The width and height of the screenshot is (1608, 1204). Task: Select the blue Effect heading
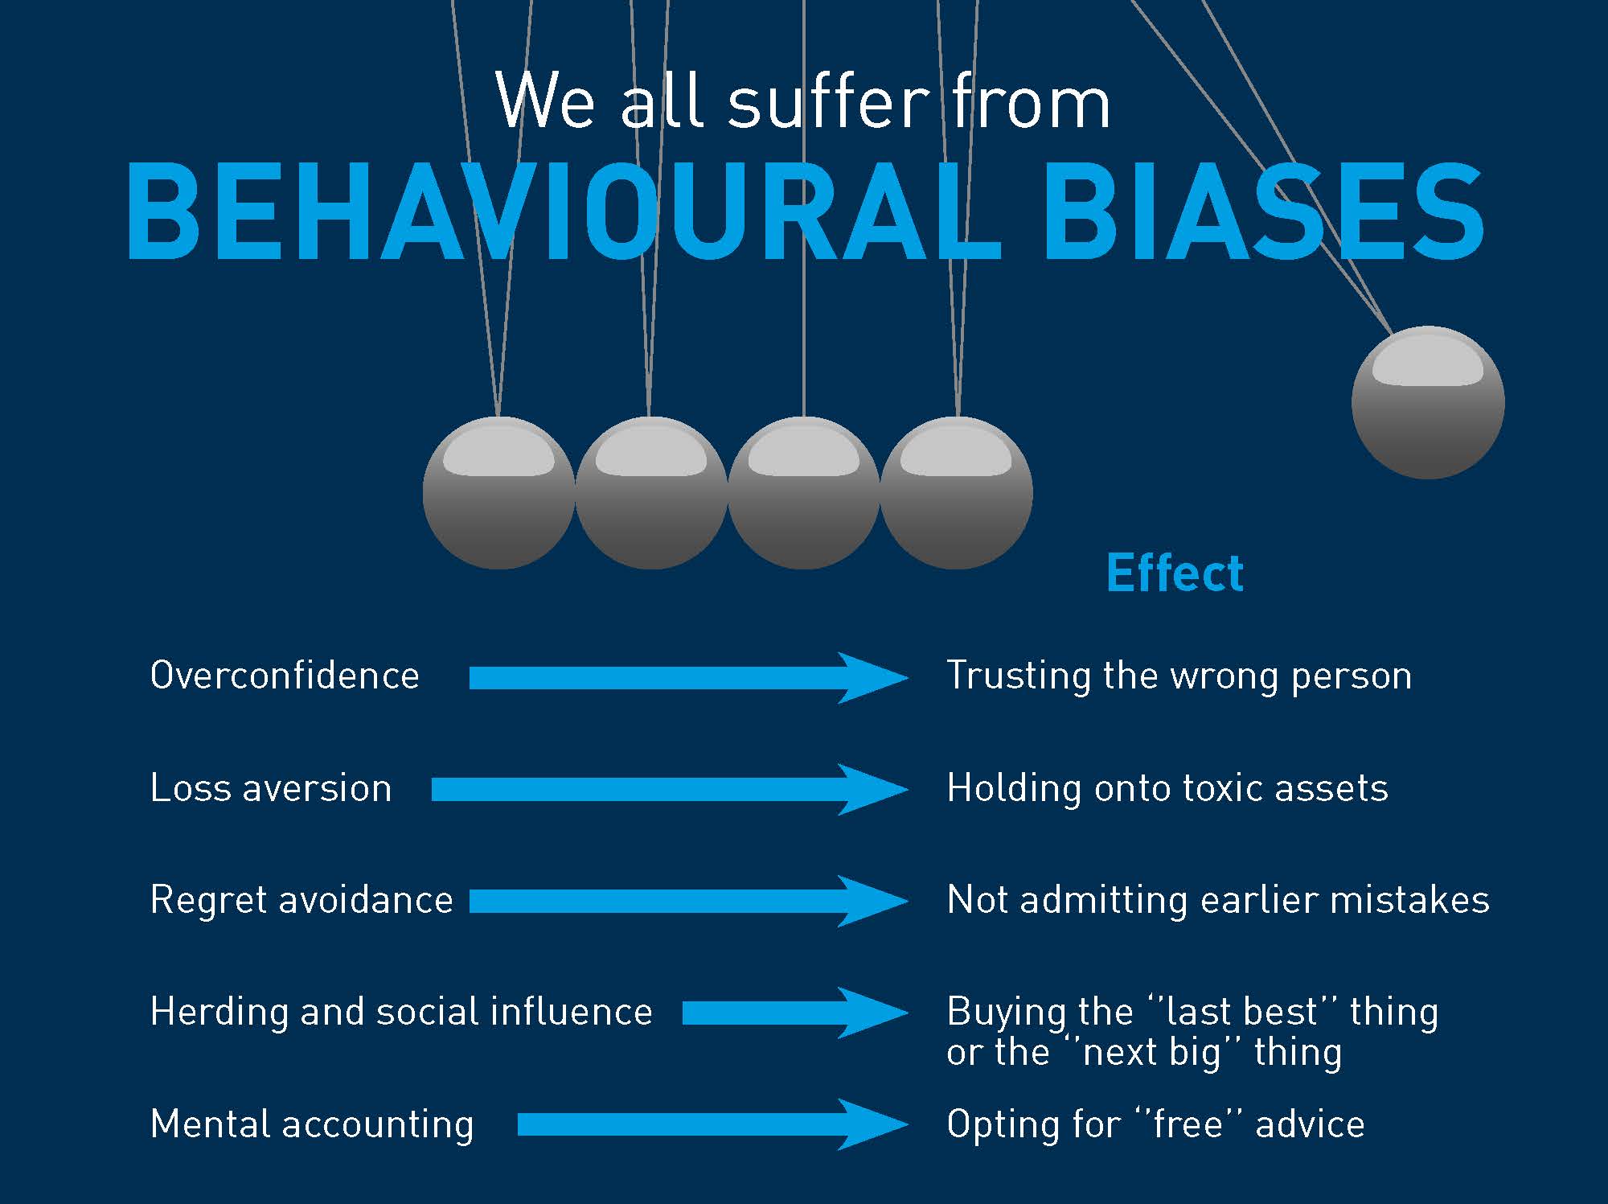pos(1175,573)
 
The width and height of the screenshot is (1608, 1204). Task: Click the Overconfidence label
pos(285,675)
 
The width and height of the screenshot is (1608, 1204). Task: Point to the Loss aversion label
pos(271,787)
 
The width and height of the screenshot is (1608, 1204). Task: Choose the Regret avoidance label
pos(301,899)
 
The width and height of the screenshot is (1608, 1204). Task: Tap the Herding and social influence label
pos(401,1011)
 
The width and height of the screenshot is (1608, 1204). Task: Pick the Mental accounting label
pos(312,1124)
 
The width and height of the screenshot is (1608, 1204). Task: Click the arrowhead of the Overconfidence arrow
pos(907,678)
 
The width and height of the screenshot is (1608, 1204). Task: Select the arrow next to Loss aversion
pos(670,790)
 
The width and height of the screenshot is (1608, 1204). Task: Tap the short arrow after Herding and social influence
pos(795,1013)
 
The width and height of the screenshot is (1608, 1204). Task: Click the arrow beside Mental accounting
pos(713,1124)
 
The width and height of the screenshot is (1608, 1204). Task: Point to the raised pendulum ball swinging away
pos(1428,402)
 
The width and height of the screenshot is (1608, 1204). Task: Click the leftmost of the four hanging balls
pos(498,493)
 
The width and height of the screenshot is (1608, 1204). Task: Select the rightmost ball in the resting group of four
pos(957,493)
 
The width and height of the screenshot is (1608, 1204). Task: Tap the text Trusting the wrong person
pos(1179,676)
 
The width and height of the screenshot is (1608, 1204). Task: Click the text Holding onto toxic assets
pos(1167,787)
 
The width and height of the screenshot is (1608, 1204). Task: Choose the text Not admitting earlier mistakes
pos(1218,899)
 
